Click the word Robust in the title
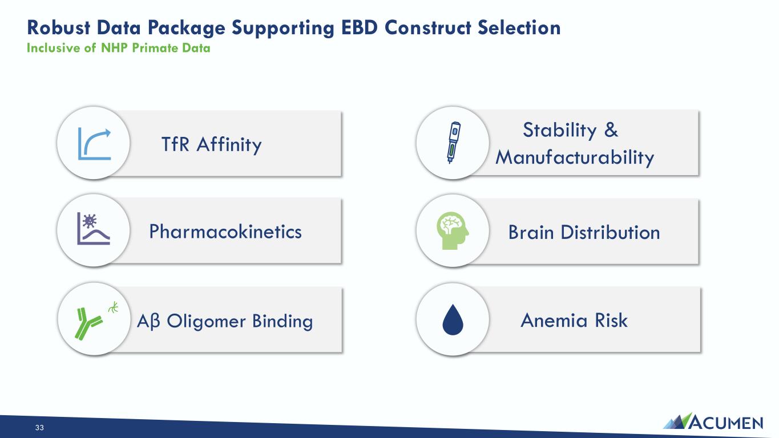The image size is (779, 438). [x=59, y=27]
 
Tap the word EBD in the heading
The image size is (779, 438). [x=360, y=27]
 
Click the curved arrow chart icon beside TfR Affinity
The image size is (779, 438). [x=94, y=144]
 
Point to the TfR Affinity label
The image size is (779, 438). [x=211, y=145]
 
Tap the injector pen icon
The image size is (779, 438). [x=454, y=143]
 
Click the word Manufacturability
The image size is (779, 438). [x=575, y=158]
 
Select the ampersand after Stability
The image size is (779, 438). [x=611, y=130]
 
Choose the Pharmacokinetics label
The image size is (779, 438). [x=225, y=232]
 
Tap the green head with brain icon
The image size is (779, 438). [x=453, y=231]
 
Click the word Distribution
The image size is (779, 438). [x=610, y=232]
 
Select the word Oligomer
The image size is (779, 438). [x=206, y=321]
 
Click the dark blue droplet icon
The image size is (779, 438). [x=453, y=320]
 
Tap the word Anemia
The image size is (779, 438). [x=555, y=320]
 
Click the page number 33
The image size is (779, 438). [x=39, y=428]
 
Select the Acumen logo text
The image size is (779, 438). [x=726, y=423]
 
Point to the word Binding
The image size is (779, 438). [x=282, y=321]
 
